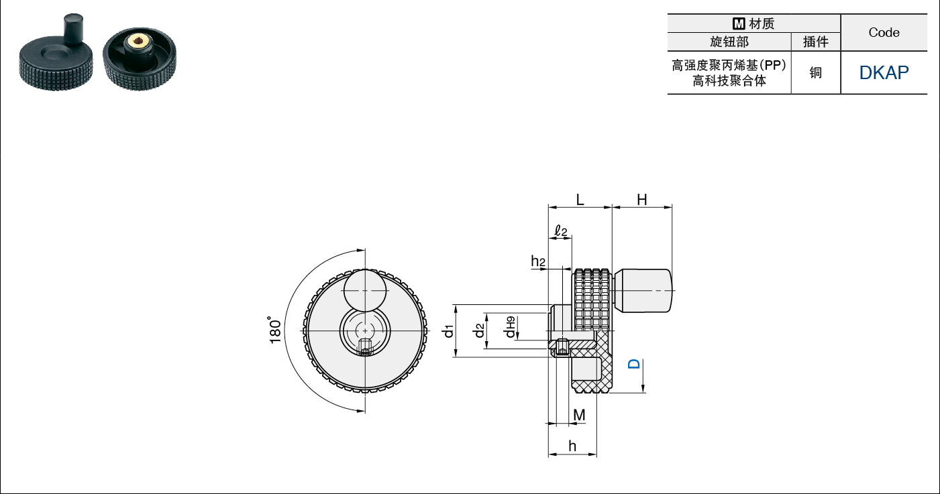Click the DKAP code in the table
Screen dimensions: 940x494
[x=884, y=72]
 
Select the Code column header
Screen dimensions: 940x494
[x=884, y=32]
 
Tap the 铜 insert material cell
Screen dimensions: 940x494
[x=815, y=72]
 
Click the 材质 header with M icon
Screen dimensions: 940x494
[x=753, y=23]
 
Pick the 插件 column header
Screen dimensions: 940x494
[x=815, y=42]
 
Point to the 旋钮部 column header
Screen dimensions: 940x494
[x=729, y=42]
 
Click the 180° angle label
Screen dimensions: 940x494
[x=275, y=330]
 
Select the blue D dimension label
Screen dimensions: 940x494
[x=634, y=363]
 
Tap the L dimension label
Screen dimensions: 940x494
[x=580, y=200]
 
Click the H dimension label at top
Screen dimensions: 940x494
[x=641, y=200]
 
